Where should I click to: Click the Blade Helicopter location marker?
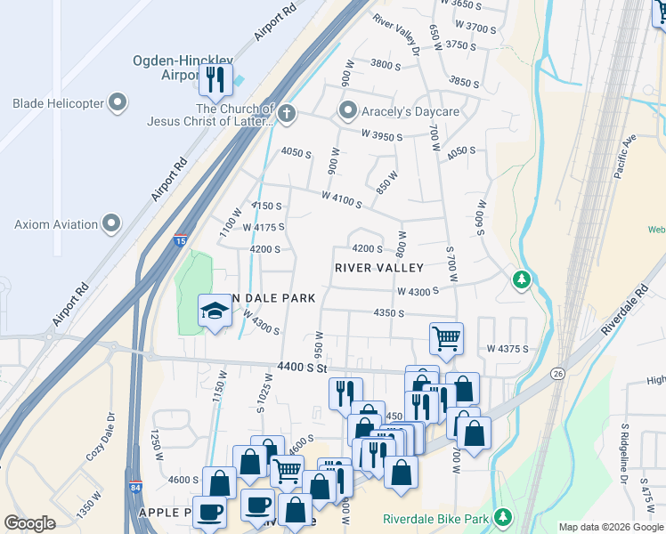click(x=118, y=104)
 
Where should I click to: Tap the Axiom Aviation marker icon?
click(x=111, y=222)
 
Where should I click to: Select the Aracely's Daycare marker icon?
click(x=347, y=111)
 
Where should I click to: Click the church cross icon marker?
click(x=286, y=113)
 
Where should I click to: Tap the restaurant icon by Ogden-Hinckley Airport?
click(x=215, y=80)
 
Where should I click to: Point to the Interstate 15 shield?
click(x=181, y=240)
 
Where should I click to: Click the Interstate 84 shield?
click(x=134, y=487)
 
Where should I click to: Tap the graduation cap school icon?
click(x=214, y=311)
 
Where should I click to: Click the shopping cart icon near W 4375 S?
click(x=446, y=338)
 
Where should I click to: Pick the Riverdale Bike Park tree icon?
click(x=503, y=517)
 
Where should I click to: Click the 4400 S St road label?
click(x=303, y=367)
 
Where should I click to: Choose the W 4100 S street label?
click(x=342, y=200)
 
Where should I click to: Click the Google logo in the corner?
click(x=29, y=523)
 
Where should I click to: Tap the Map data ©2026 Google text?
click(x=611, y=527)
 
